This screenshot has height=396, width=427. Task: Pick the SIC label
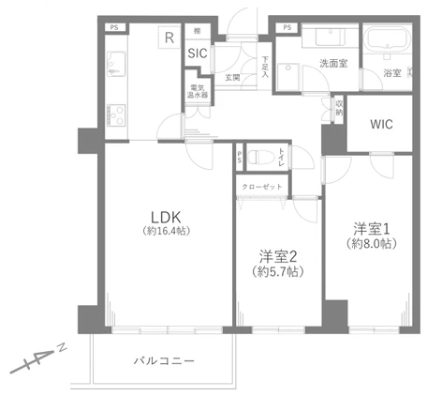coord(197,53)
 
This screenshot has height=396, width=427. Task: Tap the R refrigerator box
coord(168,38)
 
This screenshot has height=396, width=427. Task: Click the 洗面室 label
coord(333,64)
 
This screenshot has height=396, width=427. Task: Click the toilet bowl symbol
coord(264,156)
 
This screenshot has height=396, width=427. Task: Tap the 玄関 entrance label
coord(231,78)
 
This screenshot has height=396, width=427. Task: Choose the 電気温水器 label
coord(198,92)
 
